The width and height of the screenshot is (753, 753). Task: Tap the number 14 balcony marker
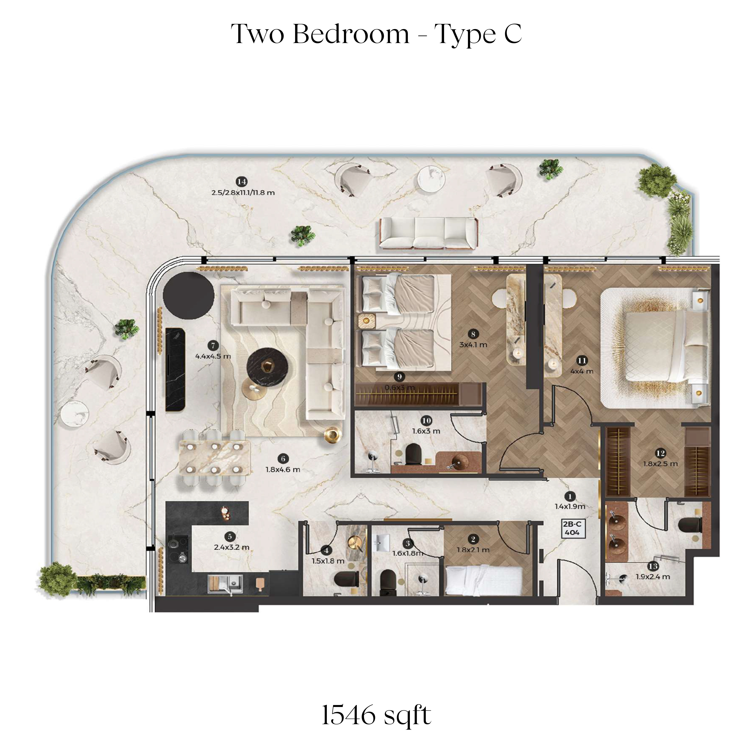click(242, 182)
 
